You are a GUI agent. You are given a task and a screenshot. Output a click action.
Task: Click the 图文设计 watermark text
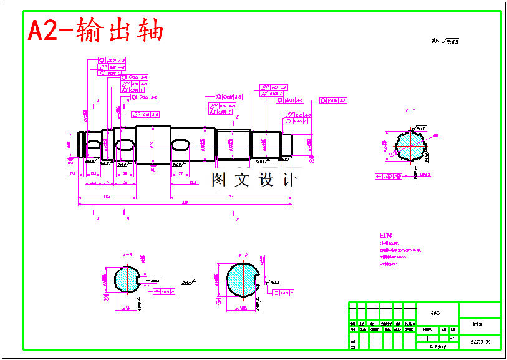[x=254, y=180]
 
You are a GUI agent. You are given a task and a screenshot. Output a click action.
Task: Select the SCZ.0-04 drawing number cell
[x=480, y=342]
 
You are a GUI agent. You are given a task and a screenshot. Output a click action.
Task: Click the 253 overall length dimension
[x=185, y=202]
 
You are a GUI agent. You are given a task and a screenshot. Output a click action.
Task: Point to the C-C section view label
[x=410, y=110]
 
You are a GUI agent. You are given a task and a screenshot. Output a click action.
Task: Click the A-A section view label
[x=127, y=255]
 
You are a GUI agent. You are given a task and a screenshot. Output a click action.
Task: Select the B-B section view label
[x=243, y=255]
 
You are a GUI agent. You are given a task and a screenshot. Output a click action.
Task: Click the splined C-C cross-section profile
[x=409, y=146]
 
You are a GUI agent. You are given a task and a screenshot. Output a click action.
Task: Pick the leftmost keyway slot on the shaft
[x=94, y=145]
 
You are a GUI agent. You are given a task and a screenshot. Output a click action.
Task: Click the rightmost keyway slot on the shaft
[x=181, y=145]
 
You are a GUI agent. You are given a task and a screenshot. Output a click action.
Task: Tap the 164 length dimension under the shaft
[x=231, y=196]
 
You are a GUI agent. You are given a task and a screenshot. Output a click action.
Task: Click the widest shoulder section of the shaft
[x=153, y=145]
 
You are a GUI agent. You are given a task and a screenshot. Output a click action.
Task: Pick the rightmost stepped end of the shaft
[x=286, y=145]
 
